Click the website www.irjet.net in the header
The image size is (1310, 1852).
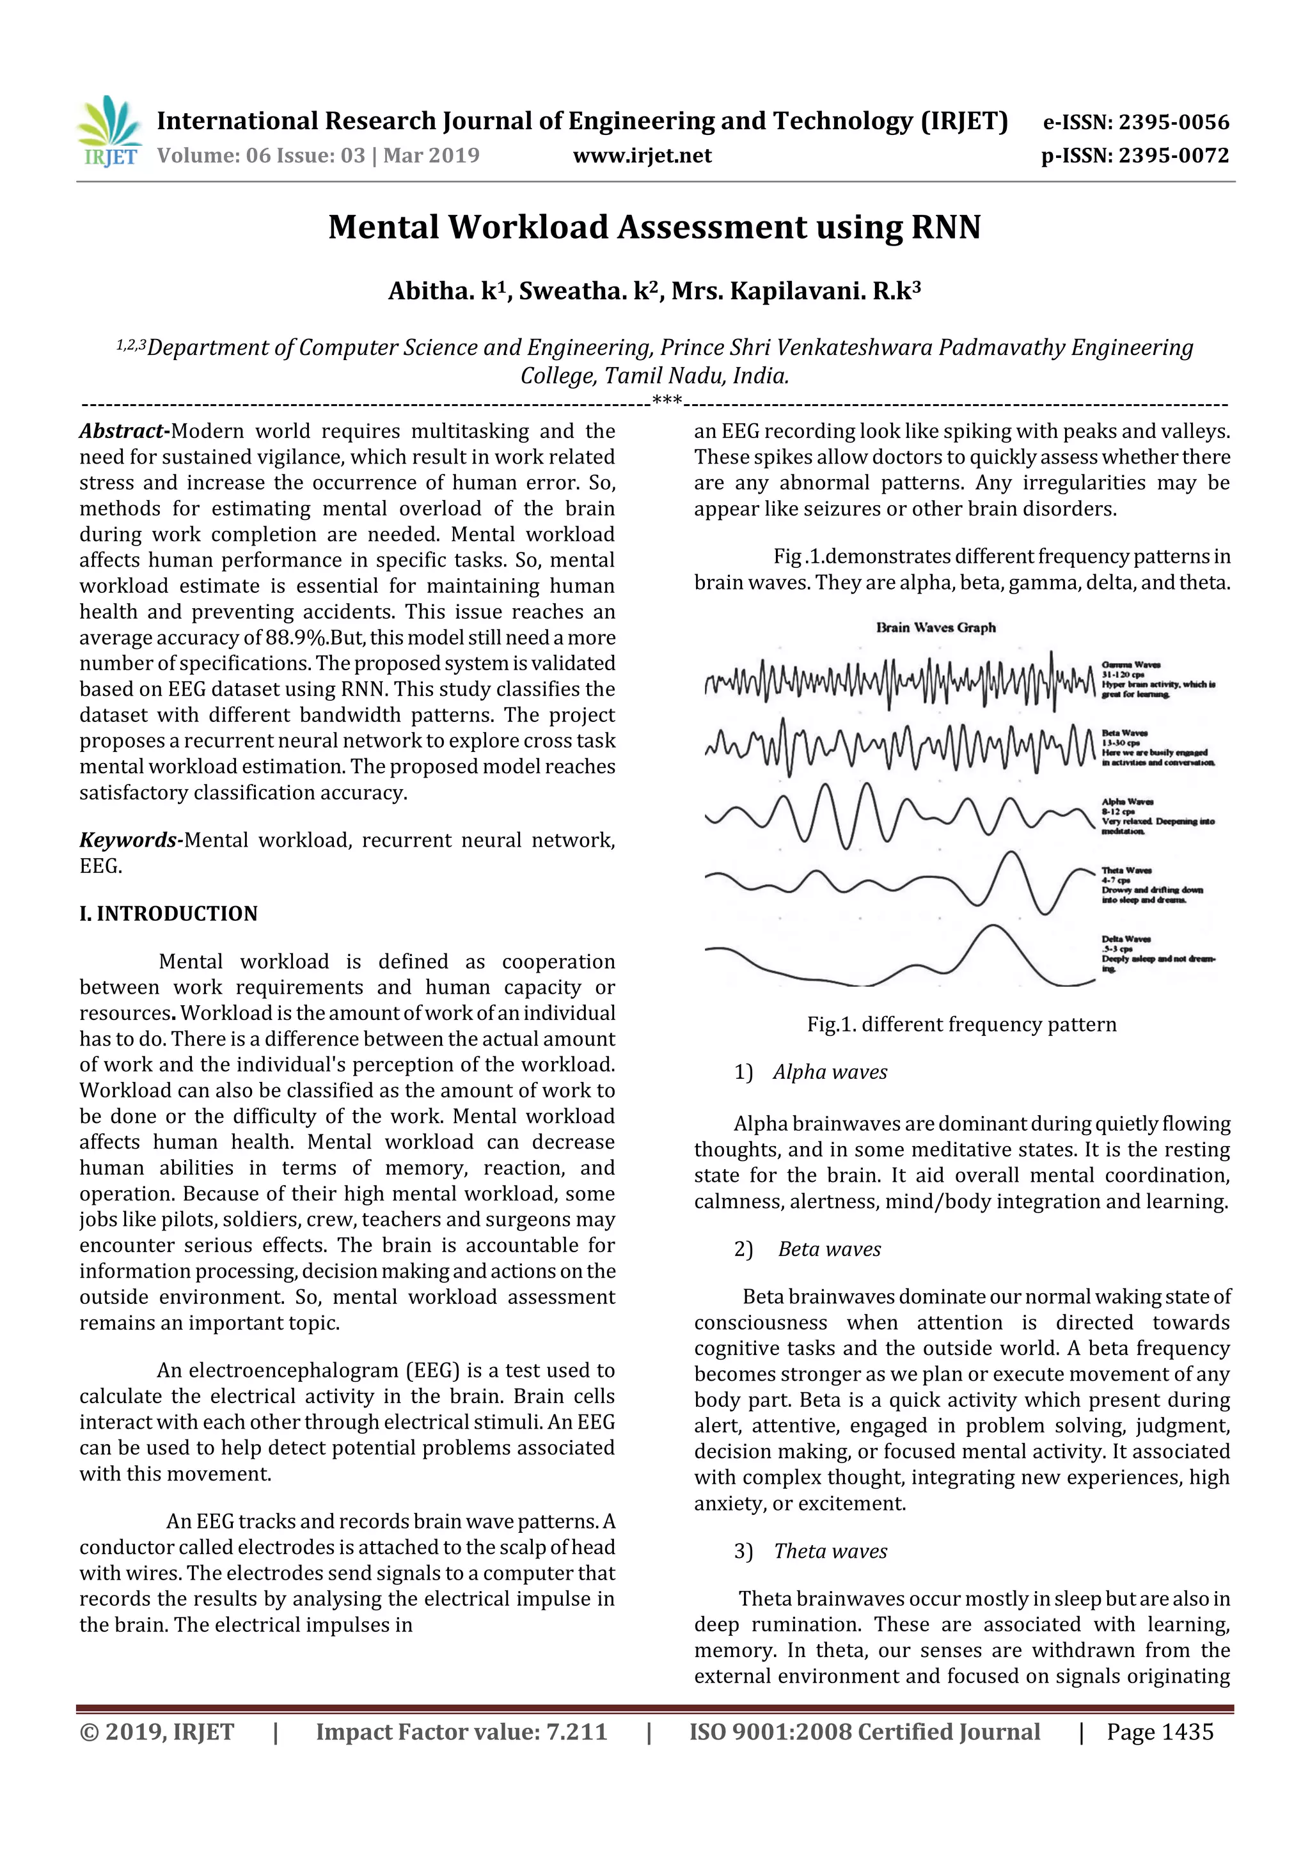642,155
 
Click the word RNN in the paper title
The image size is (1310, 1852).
945,228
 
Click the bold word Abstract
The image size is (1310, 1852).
123,432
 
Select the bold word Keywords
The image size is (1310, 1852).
127,840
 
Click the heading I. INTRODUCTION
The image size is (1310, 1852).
169,914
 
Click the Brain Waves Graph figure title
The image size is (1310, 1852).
936,627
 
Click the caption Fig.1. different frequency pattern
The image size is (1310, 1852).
961,1024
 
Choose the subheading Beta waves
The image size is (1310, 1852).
829,1250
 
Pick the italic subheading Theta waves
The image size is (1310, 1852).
830,1551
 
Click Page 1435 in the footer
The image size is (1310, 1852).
1159,1732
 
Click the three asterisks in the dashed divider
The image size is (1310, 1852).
667,401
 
